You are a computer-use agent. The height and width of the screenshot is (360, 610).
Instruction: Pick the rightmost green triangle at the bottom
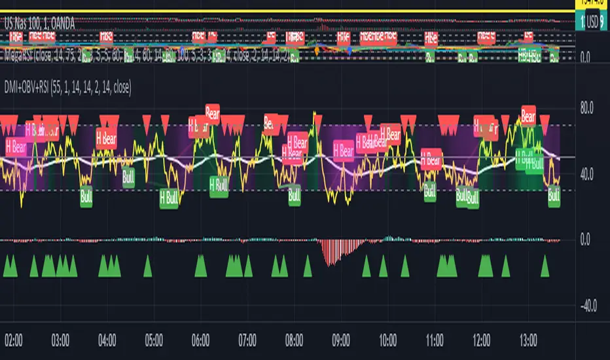545,266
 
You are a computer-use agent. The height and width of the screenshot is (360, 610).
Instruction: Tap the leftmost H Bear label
16,147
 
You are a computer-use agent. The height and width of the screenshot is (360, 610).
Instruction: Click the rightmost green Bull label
554,194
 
